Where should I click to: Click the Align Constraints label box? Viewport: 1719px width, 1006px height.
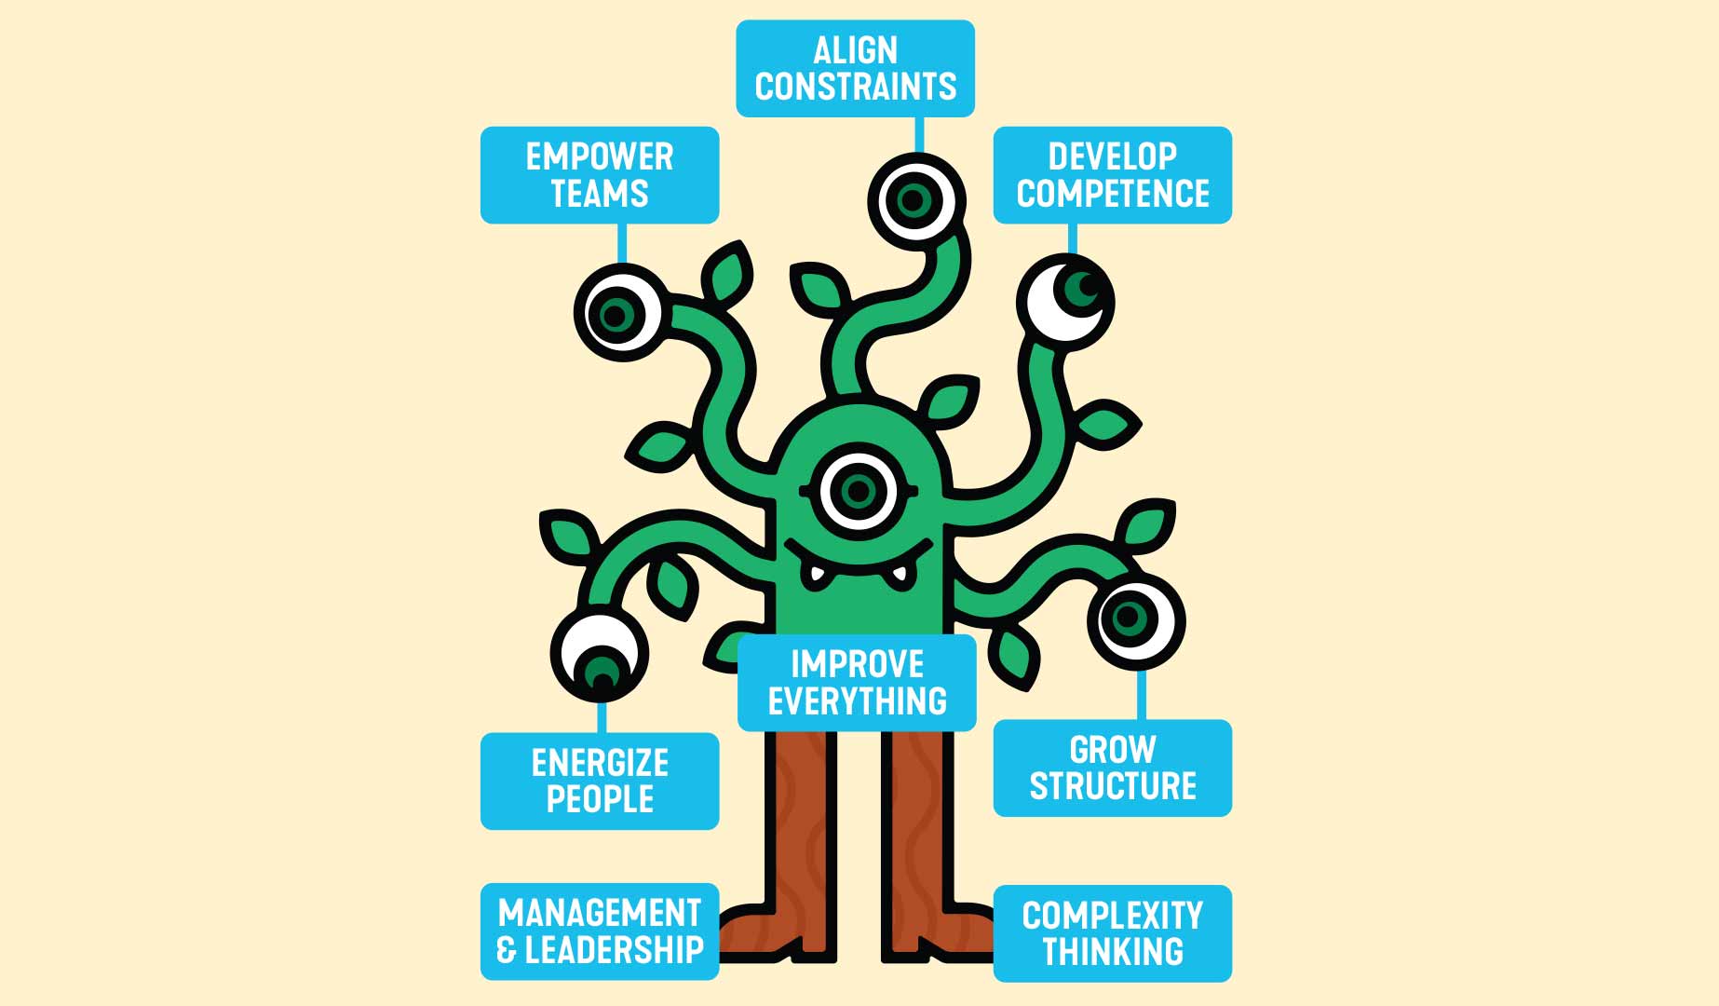click(855, 68)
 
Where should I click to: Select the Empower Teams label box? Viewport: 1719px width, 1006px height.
click(599, 175)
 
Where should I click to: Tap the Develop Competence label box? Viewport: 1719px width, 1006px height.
click(1112, 175)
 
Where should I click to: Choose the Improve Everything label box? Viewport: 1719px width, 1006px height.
click(857, 683)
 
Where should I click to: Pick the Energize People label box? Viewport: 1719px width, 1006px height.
click(599, 781)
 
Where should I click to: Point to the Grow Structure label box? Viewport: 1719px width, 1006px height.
click(1112, 768)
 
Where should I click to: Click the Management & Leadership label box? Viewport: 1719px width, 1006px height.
click(599, 931)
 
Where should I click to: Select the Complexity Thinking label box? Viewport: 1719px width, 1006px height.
click(1112, 933)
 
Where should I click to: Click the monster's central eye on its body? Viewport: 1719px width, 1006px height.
click(858, 491)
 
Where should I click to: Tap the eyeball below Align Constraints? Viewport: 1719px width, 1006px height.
click(916, 200)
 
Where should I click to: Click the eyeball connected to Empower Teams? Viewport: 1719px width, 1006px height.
click(617, 314)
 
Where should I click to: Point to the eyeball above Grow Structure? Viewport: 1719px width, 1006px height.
click(1135, 620)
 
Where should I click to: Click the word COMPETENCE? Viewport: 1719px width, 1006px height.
click(1112, 194)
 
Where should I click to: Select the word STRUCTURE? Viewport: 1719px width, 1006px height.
click(1112, 786)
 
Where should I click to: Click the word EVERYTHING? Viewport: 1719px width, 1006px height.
click(857, 701)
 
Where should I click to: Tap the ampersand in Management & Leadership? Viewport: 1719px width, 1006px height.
click(507, 950)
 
